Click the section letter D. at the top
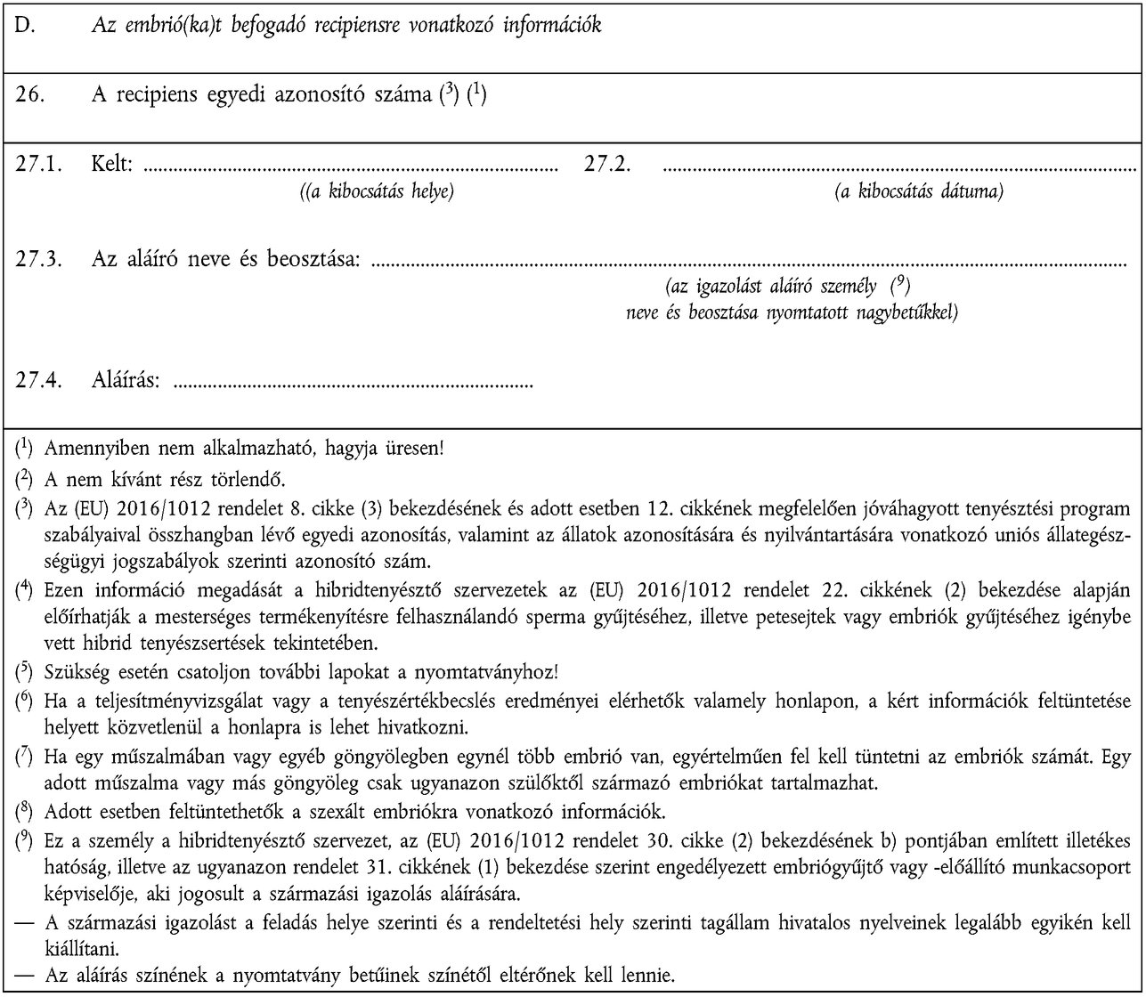tap(25, 25)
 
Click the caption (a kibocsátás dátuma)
tap(918, 191)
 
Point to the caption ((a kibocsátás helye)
tap(378, 191)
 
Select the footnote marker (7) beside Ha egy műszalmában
tap(25, 759)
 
